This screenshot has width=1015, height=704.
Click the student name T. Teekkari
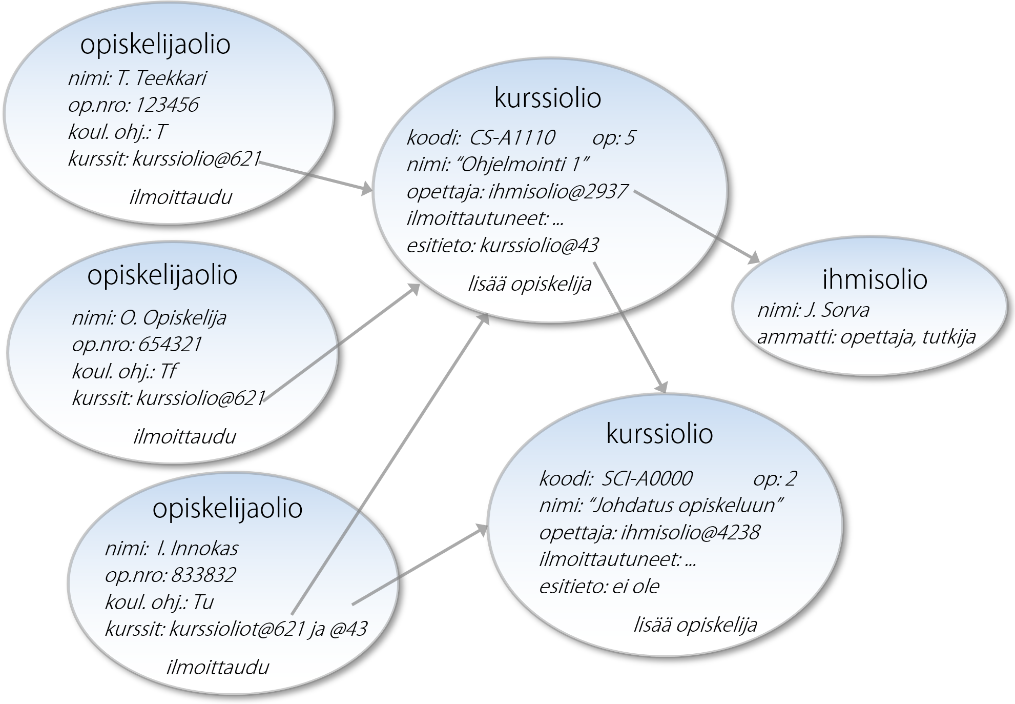[x=162, y=78]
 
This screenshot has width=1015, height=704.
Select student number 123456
[x=167, y=105]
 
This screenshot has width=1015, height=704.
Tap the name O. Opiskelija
[x=173, y=318]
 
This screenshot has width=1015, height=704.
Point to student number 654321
[x=170, y=345]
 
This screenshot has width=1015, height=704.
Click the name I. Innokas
[x=198, y=549]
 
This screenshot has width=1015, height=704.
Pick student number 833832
[x=203, y=575]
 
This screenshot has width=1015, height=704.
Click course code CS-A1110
[x=512, y=137]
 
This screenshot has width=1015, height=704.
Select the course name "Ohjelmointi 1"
[x=522, y=165]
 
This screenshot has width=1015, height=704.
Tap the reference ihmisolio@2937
[x=558, y=192]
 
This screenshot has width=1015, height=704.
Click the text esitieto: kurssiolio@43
[x=503, y=246]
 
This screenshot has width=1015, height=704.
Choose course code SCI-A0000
[x=647, y=478]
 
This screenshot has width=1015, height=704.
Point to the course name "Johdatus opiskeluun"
[x=687, y=506]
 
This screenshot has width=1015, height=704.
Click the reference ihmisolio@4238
[x=690, y=533]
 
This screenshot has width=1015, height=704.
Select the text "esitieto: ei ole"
[x=599, y=587]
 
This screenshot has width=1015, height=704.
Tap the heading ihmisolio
[x=875, y=279]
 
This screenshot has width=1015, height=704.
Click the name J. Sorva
[x=837, y=311]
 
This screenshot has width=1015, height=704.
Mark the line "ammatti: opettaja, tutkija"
[x=866, y=337]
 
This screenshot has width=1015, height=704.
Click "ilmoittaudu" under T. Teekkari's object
[x=181, y=197]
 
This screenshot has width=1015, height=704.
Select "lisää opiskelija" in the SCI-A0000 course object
[x=695, y=625]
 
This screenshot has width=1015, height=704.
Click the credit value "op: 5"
[x=614, y=137]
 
